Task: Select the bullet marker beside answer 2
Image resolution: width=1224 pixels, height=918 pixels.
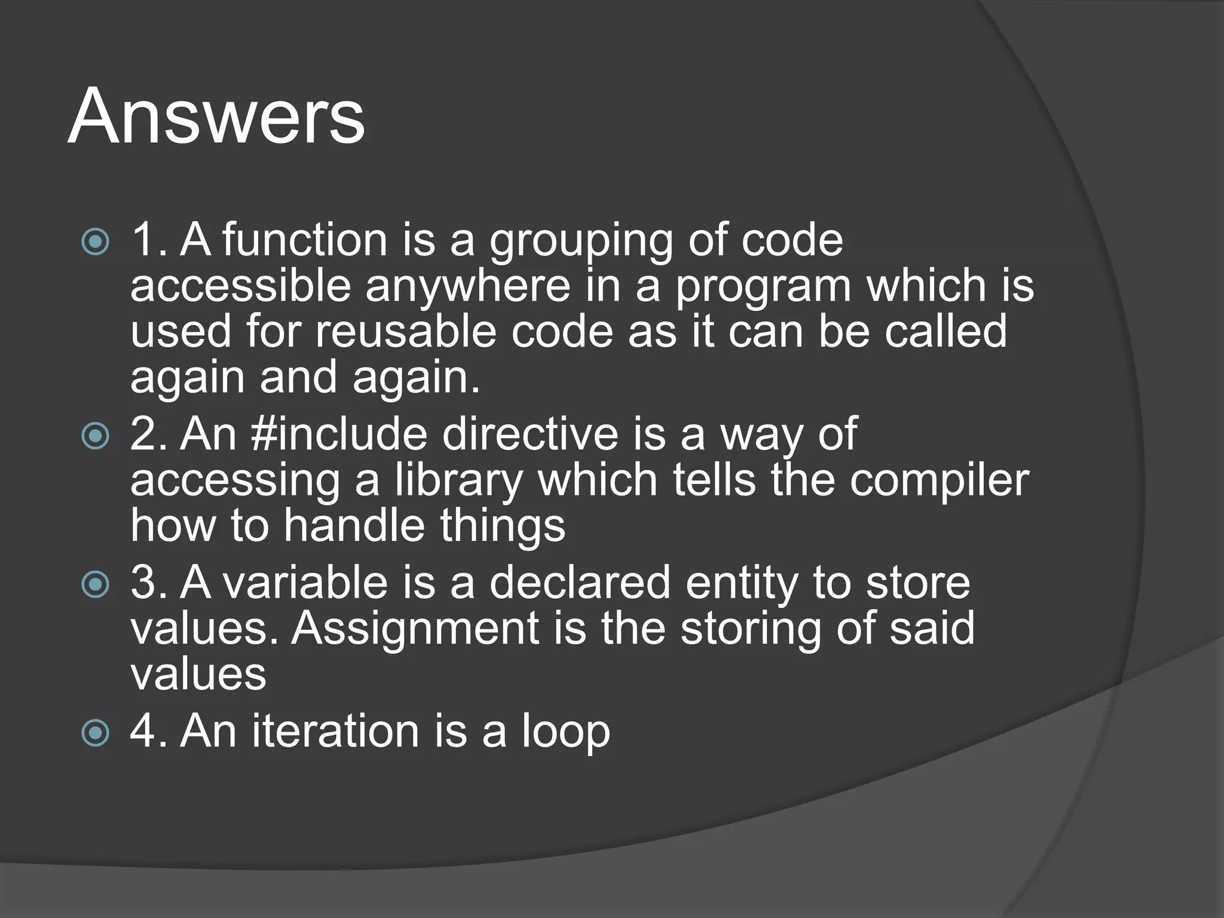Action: [96, 436]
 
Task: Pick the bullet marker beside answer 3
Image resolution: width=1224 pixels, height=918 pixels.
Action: [96, 585]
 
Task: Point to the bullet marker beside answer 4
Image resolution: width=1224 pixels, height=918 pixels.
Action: [96, 733]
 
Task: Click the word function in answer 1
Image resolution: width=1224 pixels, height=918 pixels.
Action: [305, 240]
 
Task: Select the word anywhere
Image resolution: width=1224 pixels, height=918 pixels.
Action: [468, 287]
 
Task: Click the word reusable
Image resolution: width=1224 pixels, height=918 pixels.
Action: [406, 332]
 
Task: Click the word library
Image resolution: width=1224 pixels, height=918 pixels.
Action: [458, 481]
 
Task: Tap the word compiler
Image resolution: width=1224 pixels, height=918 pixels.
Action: [940, 481]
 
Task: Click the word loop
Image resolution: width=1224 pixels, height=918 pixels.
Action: [565, 733]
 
